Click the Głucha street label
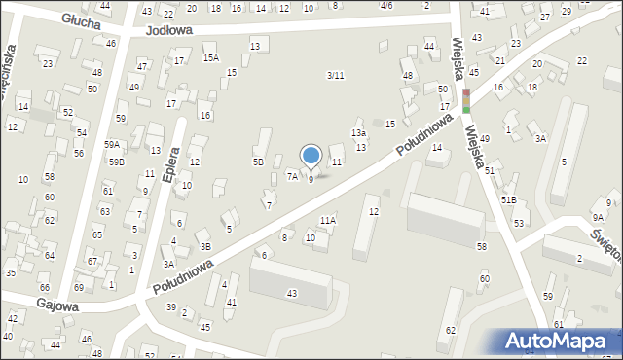80,19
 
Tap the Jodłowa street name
168,30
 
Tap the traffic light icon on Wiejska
465,100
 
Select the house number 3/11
335,76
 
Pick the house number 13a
358,133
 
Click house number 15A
210,58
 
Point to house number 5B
258,162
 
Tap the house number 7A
292,176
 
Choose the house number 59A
112,145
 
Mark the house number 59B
116,162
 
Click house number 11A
328,221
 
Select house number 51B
508,199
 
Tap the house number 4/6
386,6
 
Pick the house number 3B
205,247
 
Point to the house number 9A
598,218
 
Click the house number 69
78,288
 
